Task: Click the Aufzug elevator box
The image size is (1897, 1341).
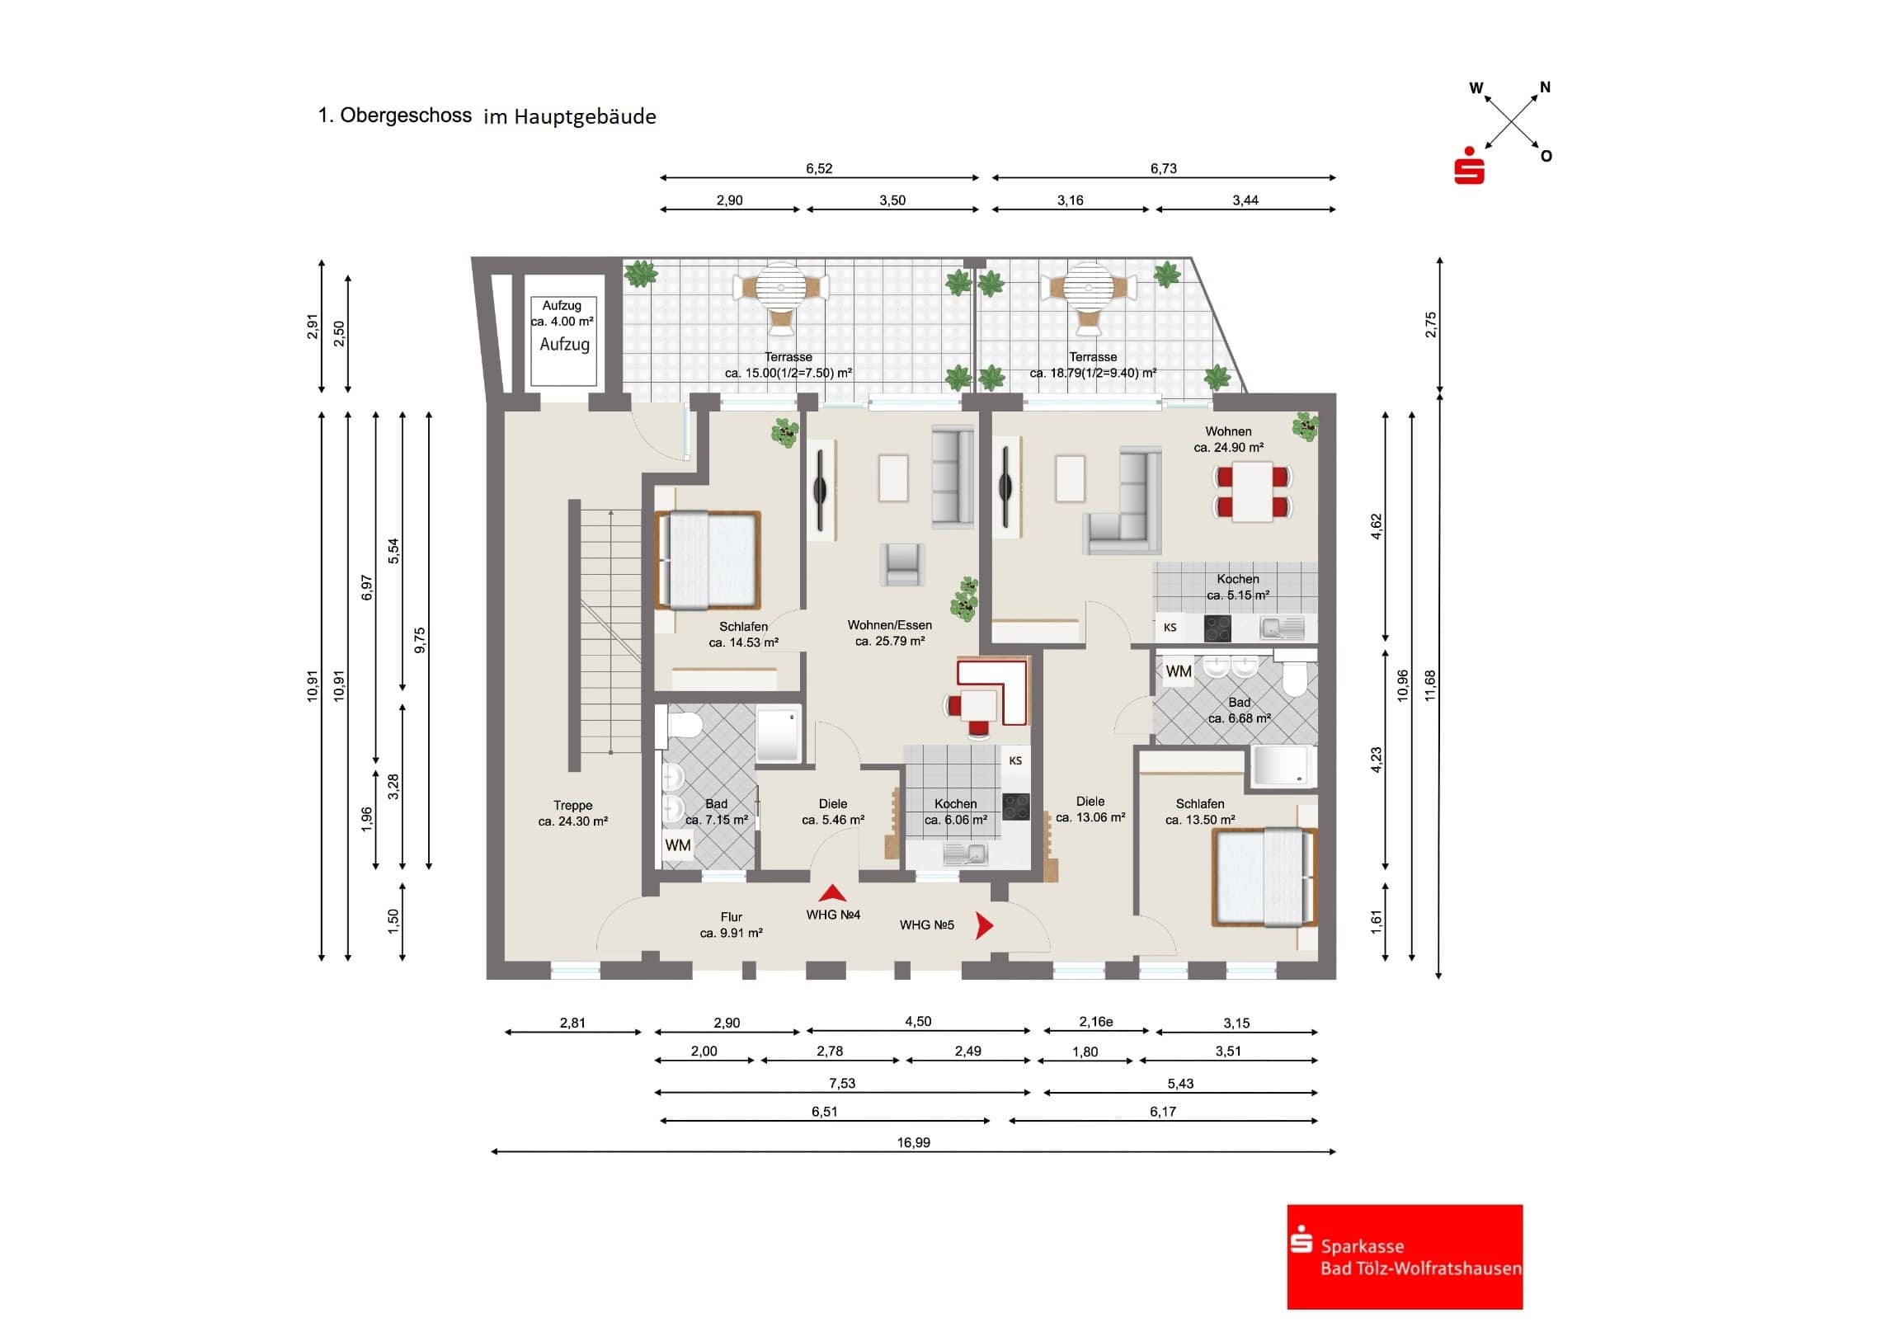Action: [563, 341]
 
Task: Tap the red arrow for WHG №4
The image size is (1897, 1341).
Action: [832, 893]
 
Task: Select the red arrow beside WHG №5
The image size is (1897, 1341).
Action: [983, 925]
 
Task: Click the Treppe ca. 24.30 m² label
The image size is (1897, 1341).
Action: [572, 813]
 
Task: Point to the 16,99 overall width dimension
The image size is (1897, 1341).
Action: [913, 1143]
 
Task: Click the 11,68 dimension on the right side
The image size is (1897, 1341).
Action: [1430, 686]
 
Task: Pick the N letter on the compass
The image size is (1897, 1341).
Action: [1545, 87]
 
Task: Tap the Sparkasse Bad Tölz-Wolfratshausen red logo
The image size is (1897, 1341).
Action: [1404, 1256]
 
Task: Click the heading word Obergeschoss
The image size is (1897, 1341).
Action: [405, 115]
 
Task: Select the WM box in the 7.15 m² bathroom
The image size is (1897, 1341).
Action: [677, 845]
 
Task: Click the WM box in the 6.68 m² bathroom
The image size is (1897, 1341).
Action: [1178, 672]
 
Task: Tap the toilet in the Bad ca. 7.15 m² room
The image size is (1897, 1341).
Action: [682, 727]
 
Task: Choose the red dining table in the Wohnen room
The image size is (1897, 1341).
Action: [1252, 491]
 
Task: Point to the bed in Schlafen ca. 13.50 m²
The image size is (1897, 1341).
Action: [1264, 877]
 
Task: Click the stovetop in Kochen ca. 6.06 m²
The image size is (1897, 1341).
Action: [1015, 807]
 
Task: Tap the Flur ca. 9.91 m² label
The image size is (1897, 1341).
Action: [732, 925]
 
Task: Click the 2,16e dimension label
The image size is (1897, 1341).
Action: [1095, 1022]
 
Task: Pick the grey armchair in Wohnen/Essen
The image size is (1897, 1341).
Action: [902, 564]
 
